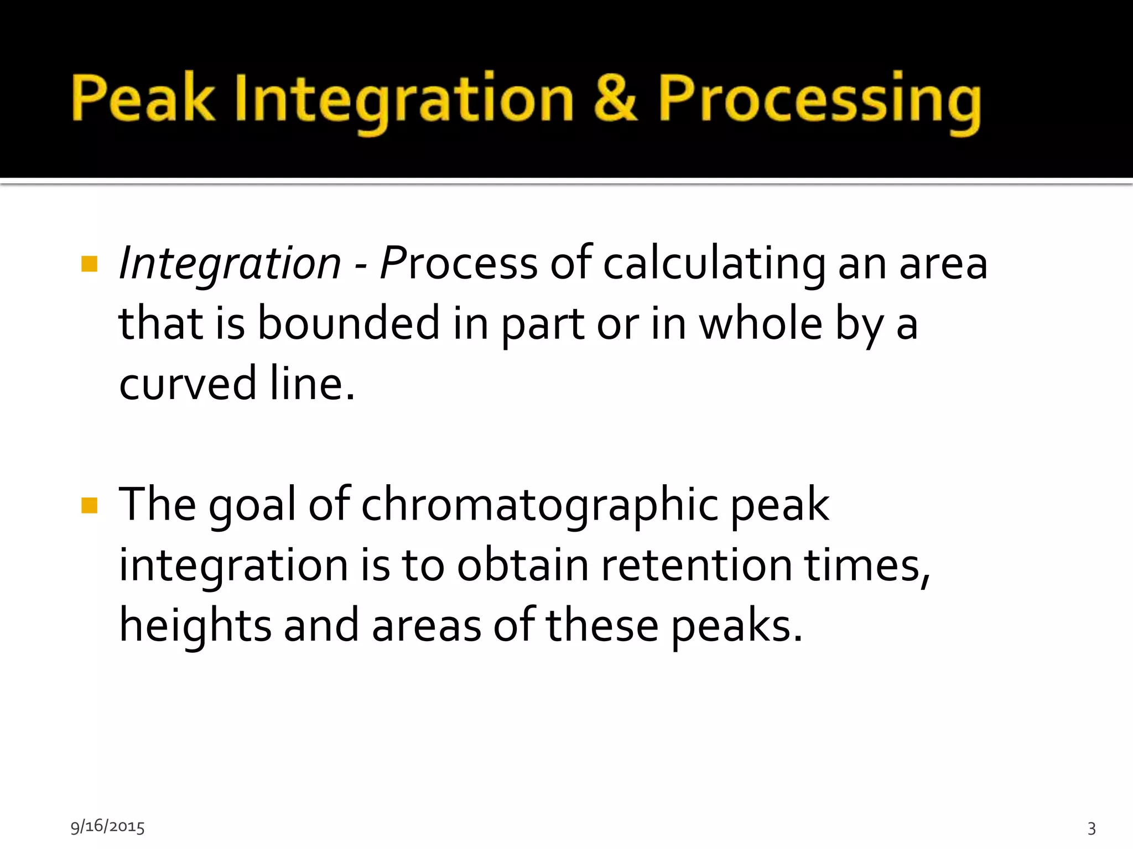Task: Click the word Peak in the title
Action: tap(143, 98)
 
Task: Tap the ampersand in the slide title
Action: tap(615, 98)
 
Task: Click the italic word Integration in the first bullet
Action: tap(230, 264)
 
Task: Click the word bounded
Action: tap(349, 324)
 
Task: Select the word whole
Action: tap(761, 324)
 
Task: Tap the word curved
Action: tap(188, 384)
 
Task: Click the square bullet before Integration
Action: tap(89, 264)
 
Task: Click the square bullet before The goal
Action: tap(89, 505)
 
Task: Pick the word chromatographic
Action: tap(539, 505)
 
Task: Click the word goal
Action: tap(252, 505)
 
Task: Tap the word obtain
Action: tap(523, 566)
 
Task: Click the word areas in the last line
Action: tap(426, 627)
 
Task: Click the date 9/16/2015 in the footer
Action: tap(107, 827)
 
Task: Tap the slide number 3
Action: tap(1092, 828)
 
